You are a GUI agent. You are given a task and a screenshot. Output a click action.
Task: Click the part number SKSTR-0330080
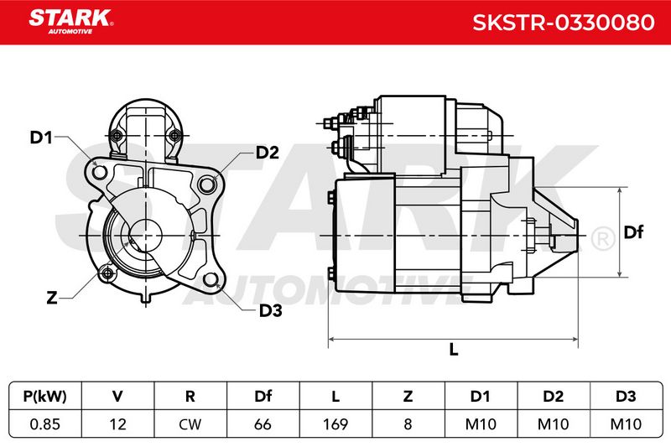click(563, 23)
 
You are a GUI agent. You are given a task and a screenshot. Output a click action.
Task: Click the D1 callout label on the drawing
click(41, 138)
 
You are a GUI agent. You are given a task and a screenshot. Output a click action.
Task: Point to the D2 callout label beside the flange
click(267, 153)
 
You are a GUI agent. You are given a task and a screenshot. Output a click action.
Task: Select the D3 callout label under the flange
click(270, 311)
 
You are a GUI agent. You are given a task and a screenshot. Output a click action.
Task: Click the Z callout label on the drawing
click(52, 297)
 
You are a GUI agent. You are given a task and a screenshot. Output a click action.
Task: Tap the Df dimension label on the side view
click(633, 232)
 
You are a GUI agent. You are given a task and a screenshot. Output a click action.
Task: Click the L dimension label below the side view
click(454, 350)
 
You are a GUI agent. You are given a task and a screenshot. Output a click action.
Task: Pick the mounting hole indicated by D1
click(100, 172)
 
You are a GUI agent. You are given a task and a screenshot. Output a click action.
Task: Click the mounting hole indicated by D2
click(206, 185)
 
